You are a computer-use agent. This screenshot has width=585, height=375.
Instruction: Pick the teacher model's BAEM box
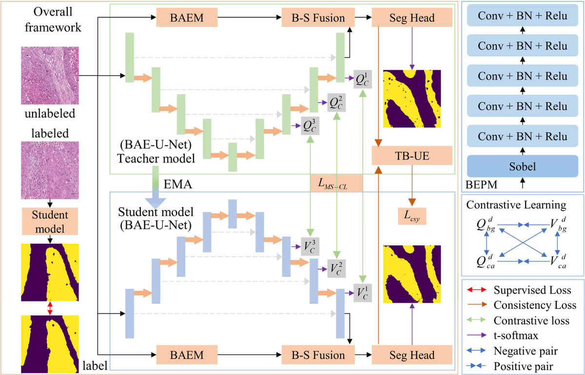[187, 19]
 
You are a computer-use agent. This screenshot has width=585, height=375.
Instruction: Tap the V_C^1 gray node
[363, 292]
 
